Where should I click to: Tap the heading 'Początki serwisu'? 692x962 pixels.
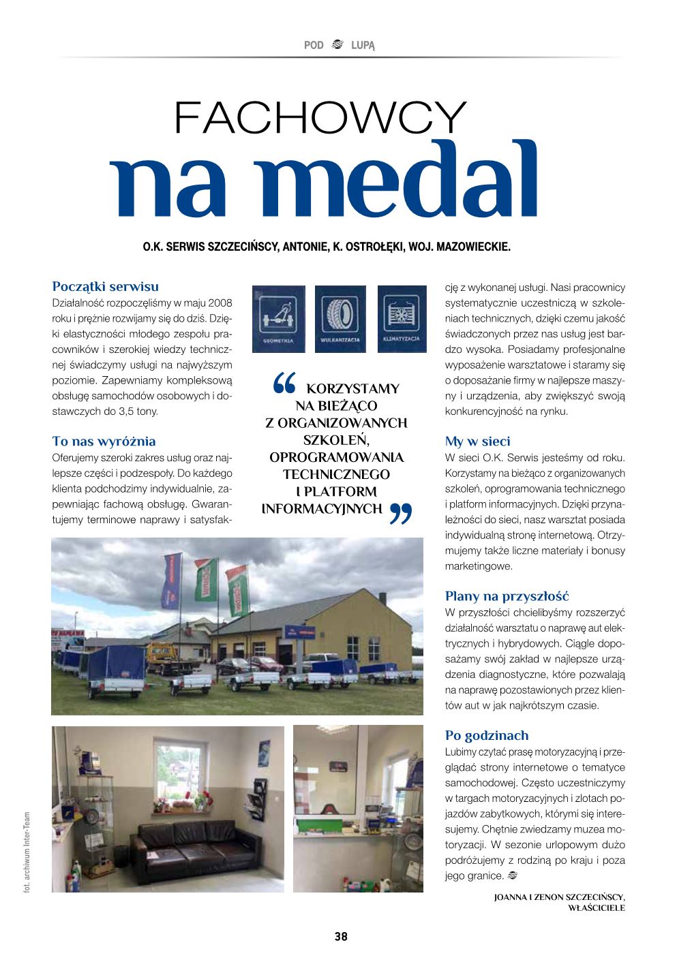pyautogui.click(x=105, y=287)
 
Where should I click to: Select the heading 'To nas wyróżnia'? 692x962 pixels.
pyautogui.click(x=104, y=441)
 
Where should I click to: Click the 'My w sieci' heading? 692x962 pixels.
pyautogui.click(x=477, y=441)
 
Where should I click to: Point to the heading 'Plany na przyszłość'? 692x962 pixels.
pyautogui.click(x=507, y=597)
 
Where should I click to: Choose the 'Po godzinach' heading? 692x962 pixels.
pyautogui.click(x=486, y=736)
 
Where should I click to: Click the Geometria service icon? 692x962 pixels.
pyautogui.click(x=278, y=318)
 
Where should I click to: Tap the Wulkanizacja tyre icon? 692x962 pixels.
pyautogui.click(x=340, y=318)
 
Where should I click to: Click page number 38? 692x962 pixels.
pyautogui.click(x=341, y=937)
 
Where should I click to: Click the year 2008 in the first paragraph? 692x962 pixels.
pyautogui.click(x=220, y=302)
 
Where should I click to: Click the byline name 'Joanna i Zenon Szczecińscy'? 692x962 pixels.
pyautogui.click(x=558, y=897)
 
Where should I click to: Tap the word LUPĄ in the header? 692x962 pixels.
pyautogui.click(x=363, y=46)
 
